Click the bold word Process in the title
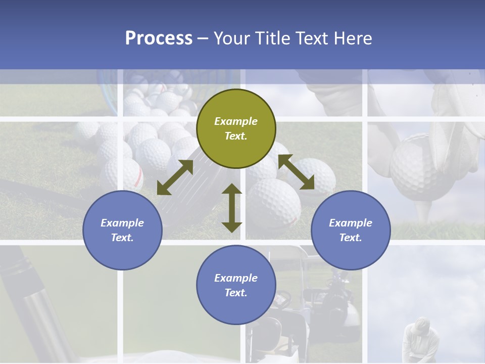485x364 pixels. pos(159,38)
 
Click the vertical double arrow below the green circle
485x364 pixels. pos(232,208)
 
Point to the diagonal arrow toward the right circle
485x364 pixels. pos(297,172)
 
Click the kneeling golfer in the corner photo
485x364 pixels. pos(417,339)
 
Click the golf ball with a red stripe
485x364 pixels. pos(126,174)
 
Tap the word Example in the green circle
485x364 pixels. pos(236,121)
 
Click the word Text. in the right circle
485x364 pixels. pos(351,238)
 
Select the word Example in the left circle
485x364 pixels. pos(122,223)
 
